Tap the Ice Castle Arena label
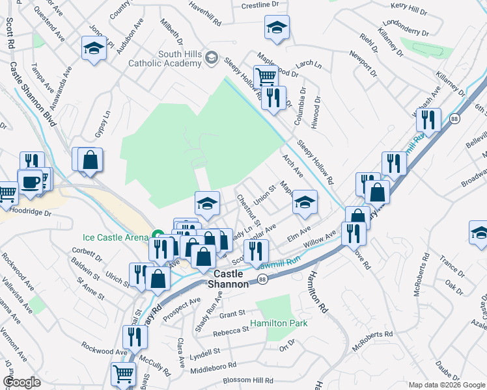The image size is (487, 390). tap(116, 237)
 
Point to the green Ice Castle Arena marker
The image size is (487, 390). tap(157, 235)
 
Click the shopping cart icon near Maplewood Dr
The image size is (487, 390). tap(266, 77)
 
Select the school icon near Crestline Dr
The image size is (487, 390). tap(277, 27)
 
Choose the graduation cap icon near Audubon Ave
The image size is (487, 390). tap(94, 47)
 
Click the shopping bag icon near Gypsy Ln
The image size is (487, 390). tap(90, 159)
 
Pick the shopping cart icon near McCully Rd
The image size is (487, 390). tap(123, 374)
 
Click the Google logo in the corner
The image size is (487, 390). tap(22, 382)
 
